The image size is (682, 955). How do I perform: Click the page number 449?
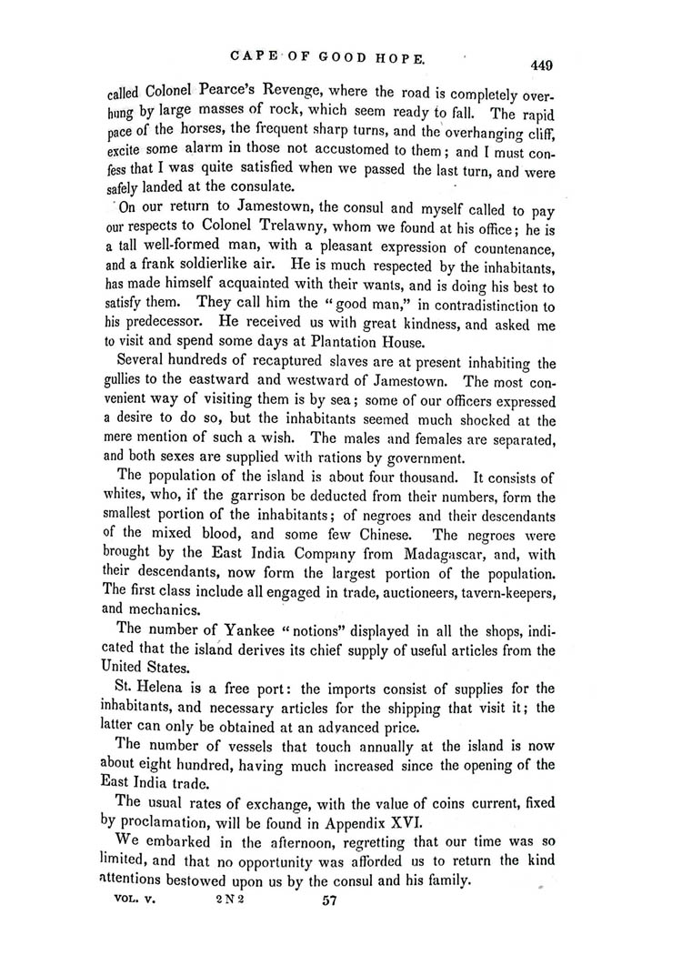tap(539, 65)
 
